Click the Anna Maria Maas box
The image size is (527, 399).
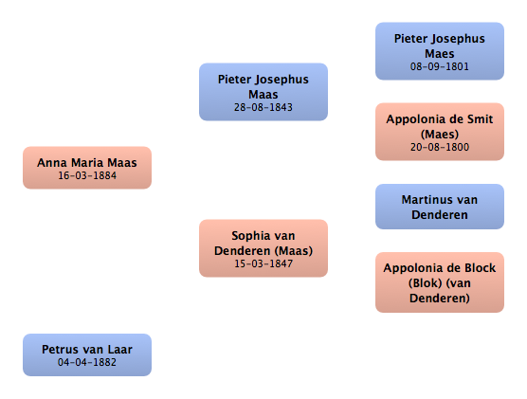point(87,168)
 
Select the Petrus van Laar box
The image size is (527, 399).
point(87,354)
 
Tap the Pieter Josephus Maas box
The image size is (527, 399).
point(263,92)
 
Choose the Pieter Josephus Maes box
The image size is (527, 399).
point(440,51)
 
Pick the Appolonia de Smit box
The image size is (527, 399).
point(440,132)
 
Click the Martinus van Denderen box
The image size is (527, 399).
point(440,207)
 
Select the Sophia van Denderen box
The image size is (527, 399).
point(263,248)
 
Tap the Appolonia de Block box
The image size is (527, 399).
point(440,282)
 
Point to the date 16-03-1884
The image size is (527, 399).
point(87,175)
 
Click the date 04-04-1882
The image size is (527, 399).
point(87,362)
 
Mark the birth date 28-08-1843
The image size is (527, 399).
point(263,107)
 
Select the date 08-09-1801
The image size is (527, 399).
point(440,66)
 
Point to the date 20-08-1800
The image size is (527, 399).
point(440,147)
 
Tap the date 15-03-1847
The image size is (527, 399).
point(263,263)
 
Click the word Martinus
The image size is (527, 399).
point(424,200)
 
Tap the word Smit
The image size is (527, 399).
point(480,119)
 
